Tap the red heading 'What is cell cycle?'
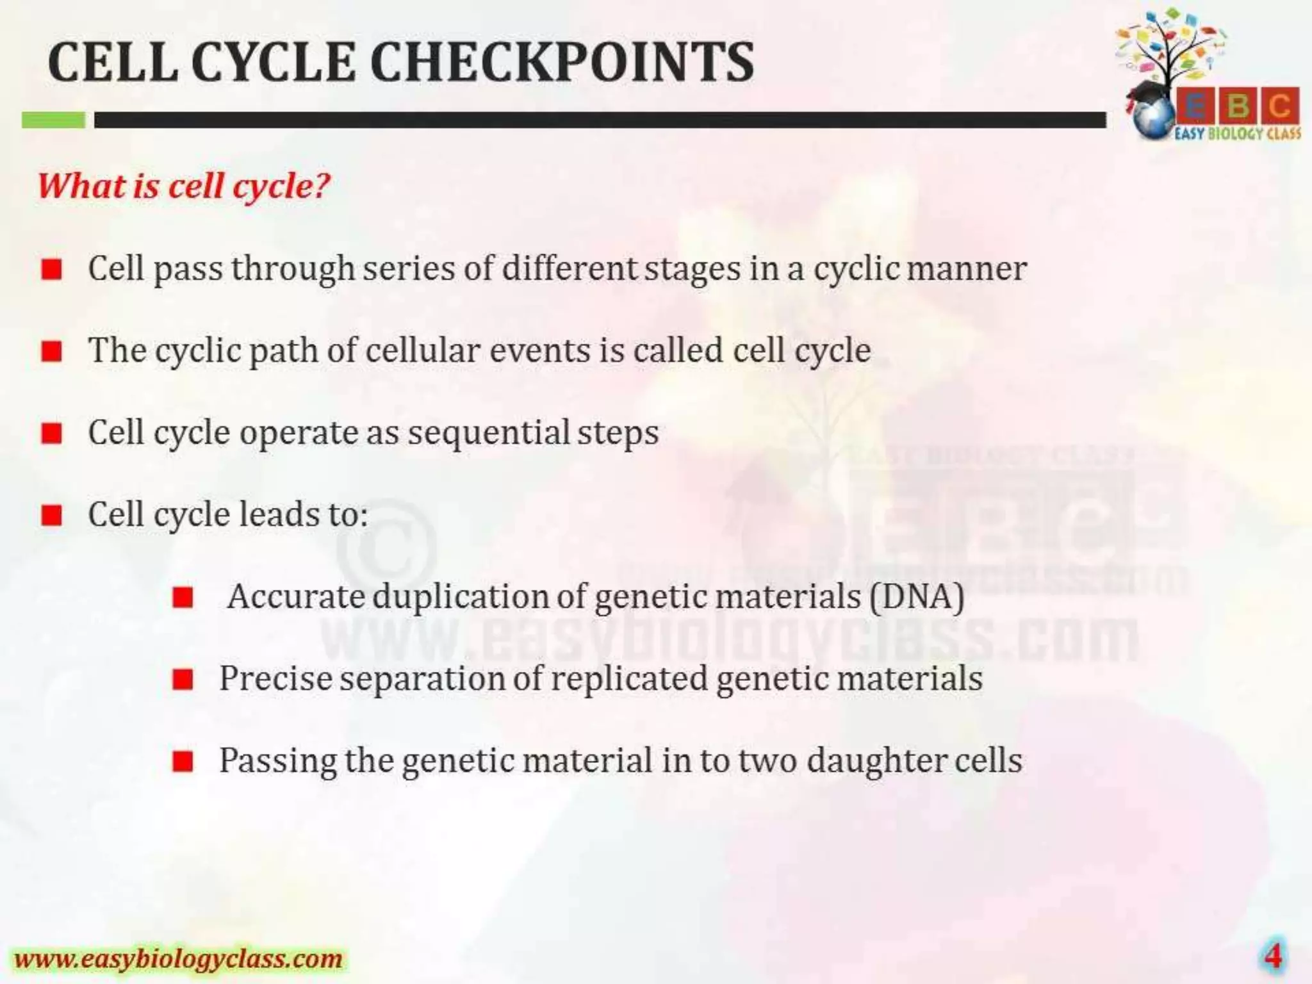coord(184,186)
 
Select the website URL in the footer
coord(179,958)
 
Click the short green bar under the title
coord(54,120)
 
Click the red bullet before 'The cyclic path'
coord(52,351)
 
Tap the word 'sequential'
coord(489,433)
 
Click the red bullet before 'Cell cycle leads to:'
coord(52,515)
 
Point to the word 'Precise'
coord(275,678)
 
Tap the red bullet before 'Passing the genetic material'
coord(183,762)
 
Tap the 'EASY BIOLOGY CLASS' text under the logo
coord(1238,134)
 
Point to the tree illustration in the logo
coord(1172,48)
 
